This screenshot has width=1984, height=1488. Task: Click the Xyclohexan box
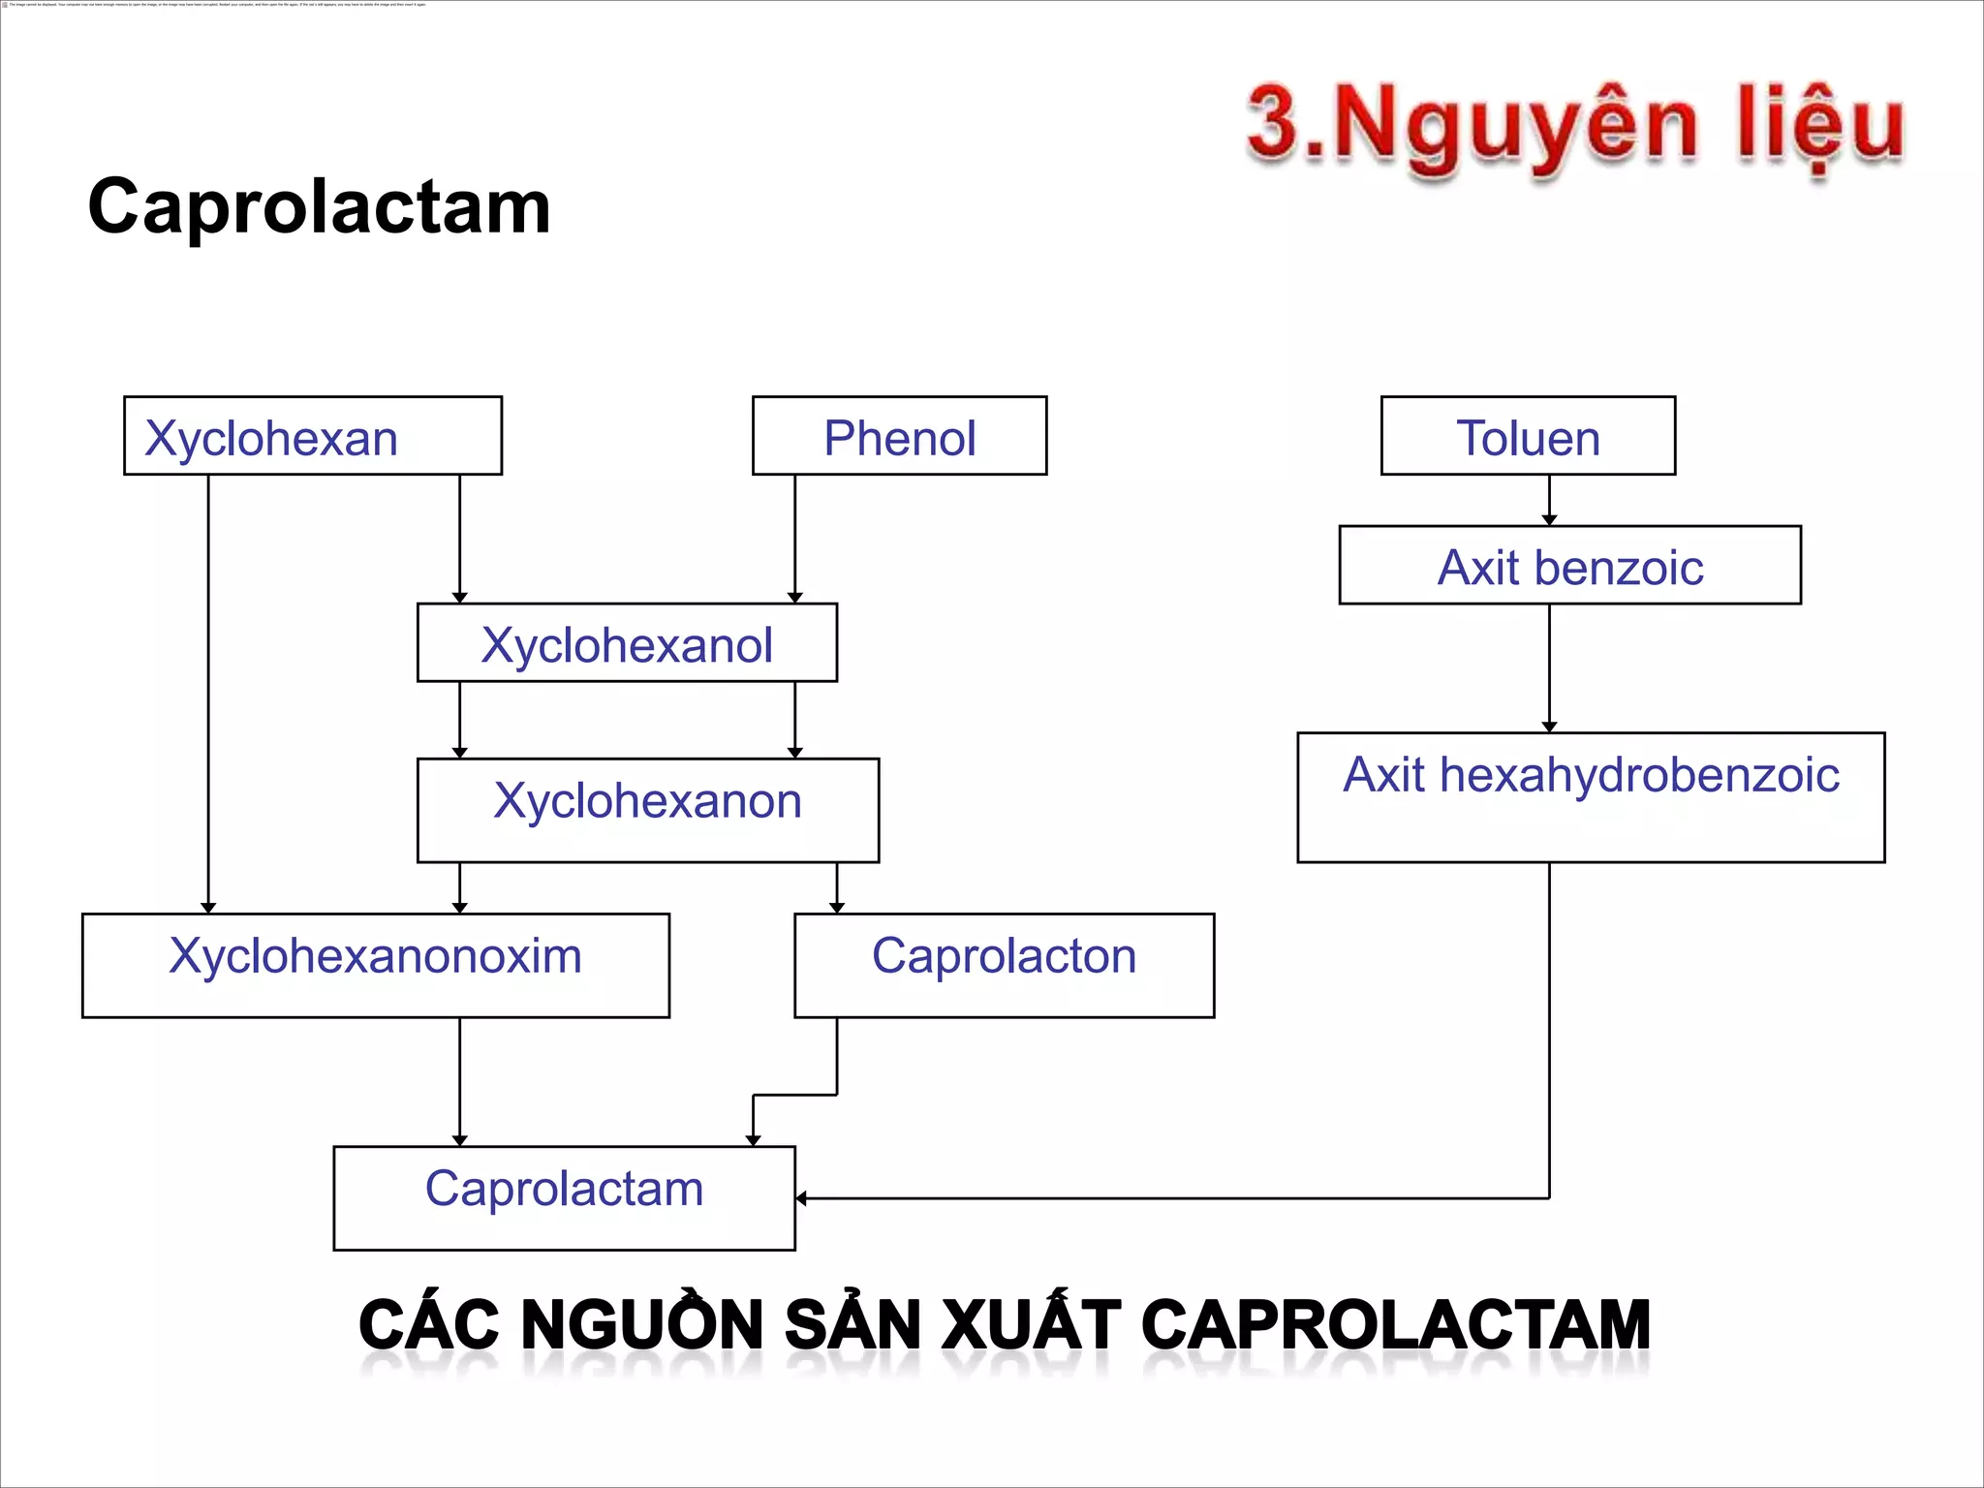(x=312, y=436)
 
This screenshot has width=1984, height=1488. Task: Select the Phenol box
(x=899, y=436)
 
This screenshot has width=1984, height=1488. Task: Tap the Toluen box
(x=1528, y=436)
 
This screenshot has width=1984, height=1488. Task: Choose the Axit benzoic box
(x=1569, y=566)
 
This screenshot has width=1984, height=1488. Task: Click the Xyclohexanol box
(x=627, y=643)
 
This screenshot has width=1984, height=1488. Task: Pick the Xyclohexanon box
(x=647, y=810)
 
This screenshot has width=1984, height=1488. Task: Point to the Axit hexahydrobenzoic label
(x=1591, y=775)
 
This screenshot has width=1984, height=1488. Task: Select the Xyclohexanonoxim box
(x=376, y=965)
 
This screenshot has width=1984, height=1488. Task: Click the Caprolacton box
(x=1004, y=965)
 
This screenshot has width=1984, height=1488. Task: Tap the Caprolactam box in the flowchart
(x=564, y=1197)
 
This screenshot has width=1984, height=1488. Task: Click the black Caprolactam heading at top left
(x=319, y=206)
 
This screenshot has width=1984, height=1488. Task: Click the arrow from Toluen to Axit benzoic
(x=1549, y=500)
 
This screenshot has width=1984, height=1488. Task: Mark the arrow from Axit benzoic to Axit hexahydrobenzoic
(x=1549, y=668)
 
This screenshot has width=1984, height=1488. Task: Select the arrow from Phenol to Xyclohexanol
(x=795, y=539)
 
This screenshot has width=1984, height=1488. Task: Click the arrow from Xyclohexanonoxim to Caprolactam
(x=460, y=1081)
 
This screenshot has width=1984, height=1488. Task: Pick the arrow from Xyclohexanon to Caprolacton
(x=837, y=887)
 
